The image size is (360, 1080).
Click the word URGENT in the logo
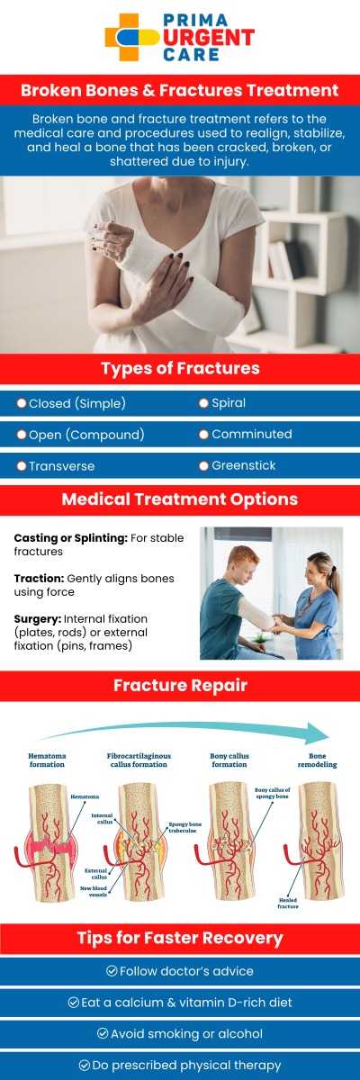coord(209,36)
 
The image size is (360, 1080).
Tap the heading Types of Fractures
coord(180,369)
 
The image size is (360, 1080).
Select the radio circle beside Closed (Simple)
coord(21,403)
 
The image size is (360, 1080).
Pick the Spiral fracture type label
coord(229,403)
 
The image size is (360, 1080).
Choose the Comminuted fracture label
coord(251,434)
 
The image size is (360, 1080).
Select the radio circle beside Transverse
coord(21,466)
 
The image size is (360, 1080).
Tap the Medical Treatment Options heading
coord(180,499)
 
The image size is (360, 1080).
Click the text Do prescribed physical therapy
coord(187,1065)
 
